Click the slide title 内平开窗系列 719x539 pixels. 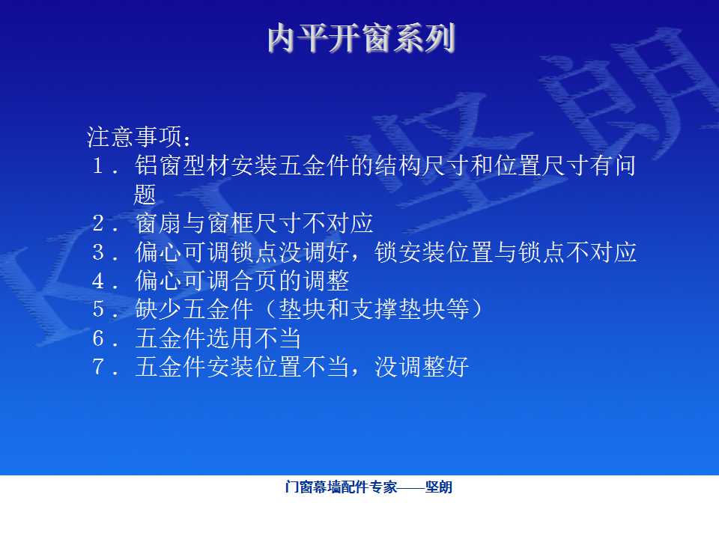(x=361, y=37)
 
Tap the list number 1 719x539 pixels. (x=97, y=165)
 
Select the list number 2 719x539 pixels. (x=98, y=223)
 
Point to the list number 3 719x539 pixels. (x=98, y=252)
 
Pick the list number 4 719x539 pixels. (x=98, y=281)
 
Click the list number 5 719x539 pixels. (x=98, y=309)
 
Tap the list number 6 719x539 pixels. (x=98, y=338)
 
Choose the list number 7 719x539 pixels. (x=98, y=367)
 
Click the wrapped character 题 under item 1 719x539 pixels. (x=145, y=195)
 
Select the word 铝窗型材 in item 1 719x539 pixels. (x=183, y=165)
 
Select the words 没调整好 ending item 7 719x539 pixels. (x=422, y=367)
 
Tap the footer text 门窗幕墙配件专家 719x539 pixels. (x=341, y=487)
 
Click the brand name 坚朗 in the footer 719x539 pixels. (x=439, y=487)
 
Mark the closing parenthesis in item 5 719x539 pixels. (x=477, y=309)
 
